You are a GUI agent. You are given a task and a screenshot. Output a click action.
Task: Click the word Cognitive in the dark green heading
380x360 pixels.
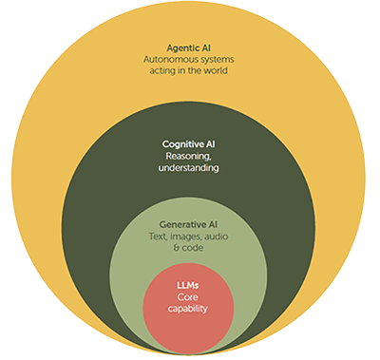(x=180, y=143)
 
